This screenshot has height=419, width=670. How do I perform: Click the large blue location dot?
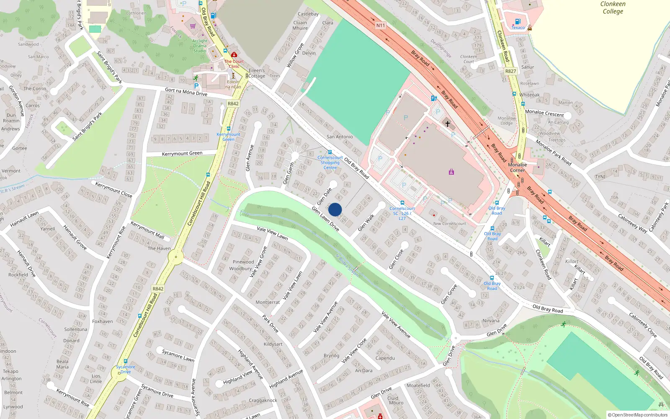[335, 209]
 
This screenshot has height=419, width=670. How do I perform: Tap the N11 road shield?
[380, 26]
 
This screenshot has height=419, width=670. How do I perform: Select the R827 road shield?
[510, 71]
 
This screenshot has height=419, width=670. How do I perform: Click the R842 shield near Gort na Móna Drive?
[233, 103]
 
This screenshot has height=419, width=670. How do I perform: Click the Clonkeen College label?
[613, 8]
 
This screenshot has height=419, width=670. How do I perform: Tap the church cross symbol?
[448, 124]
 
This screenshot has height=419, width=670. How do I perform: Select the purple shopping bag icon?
[451, 172]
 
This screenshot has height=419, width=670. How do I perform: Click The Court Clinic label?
[234, 64]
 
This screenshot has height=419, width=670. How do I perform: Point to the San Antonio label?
[340, 137]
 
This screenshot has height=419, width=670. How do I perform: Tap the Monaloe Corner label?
[518, 168]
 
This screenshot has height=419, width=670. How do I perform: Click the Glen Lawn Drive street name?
[325, 218]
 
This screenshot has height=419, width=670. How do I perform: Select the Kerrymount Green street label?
[182, 154]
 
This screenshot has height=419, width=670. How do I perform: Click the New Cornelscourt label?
[449, 223]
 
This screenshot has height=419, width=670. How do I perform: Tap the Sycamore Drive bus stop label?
[125, 369]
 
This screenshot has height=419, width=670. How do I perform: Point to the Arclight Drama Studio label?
[200, 46]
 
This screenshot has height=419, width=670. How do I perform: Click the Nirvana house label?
[491, 321]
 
